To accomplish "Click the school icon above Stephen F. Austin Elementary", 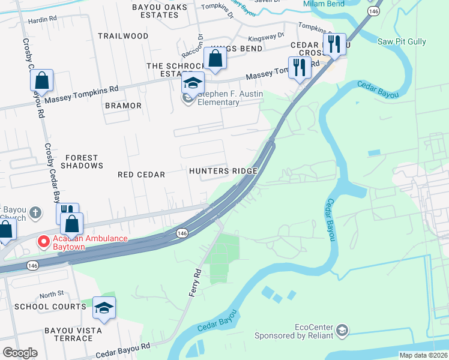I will [x=193, y=83].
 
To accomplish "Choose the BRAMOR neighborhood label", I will [x=123, y=106].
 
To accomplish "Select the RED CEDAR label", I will [x=141, y=175].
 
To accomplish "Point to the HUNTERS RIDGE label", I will [x=223, y=171].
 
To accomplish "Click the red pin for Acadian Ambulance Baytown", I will [x=43, y=242].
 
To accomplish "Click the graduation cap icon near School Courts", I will [x=104, y=308].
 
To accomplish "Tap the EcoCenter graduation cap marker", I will [x=342, y=330].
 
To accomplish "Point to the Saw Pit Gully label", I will [x=402, y=41].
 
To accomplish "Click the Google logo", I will [x=20, y=353].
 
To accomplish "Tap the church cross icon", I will [x=35, y=212].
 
